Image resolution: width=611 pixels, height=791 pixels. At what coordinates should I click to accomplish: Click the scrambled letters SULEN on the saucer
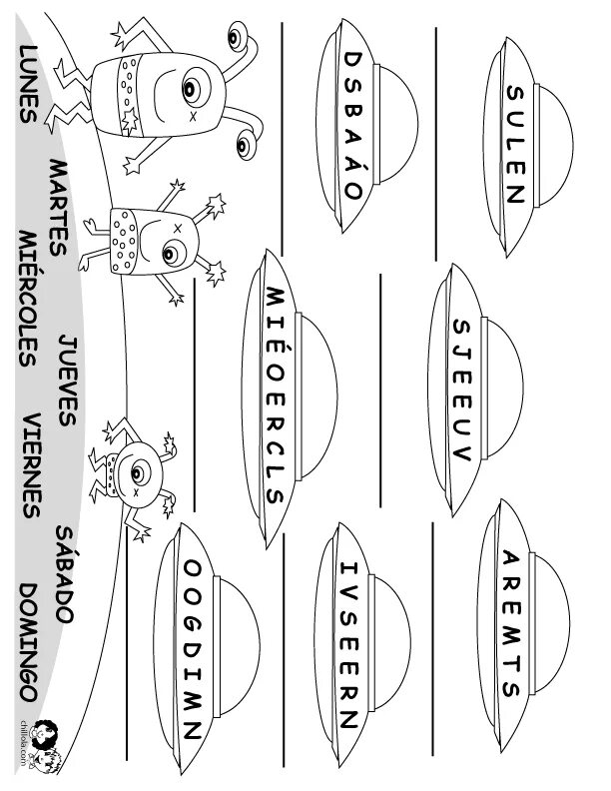514,145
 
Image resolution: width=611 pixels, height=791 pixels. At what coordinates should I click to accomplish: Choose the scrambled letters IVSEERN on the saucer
348,643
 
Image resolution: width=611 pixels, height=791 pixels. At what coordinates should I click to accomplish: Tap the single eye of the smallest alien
135,464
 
